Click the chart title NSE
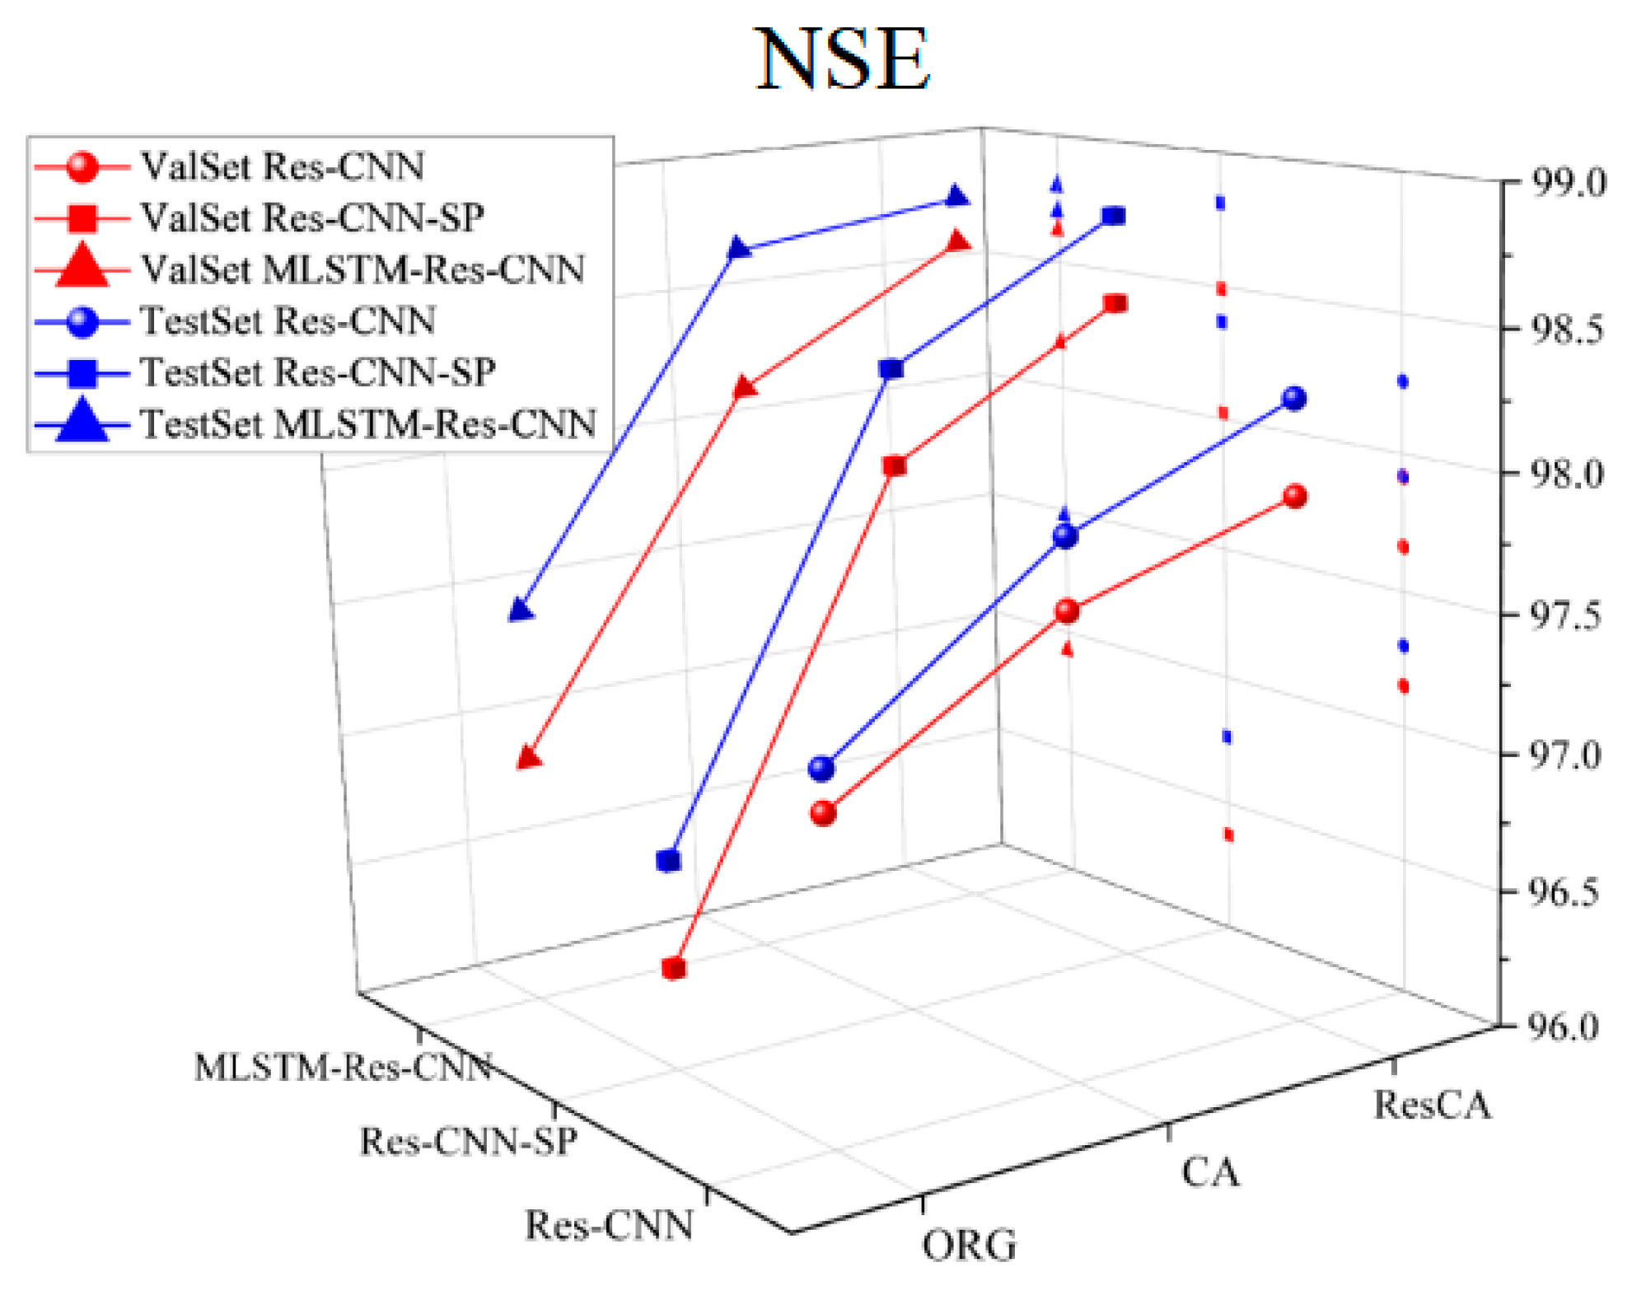coord(842,59)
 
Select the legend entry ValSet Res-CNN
coord(282,167)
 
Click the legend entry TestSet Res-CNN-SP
coord(317,372)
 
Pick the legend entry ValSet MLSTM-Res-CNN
coord(362,269)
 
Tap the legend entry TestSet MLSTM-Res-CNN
coord(367,424)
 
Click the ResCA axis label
coord(1432,1105)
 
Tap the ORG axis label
coord(969,1245)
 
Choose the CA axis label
coord(1209,1171)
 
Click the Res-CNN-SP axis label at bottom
coord(468,1142)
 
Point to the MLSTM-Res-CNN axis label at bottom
coord(343,1068)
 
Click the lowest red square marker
coord(674,968)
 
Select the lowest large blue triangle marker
coord(521,610)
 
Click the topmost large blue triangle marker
coord(956,197)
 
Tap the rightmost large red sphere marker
coord(1295,496)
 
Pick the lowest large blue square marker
coord(669,861)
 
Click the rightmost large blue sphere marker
coord(1294,399)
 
